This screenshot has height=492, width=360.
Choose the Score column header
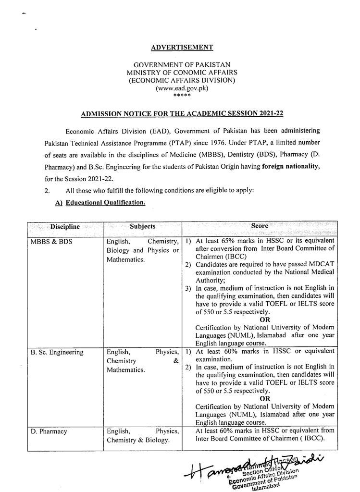pos(260,225)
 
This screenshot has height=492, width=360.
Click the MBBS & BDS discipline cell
pos(51,241)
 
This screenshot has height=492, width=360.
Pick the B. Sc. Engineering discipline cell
pos(57,352)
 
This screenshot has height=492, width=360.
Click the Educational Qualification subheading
pos(105,203)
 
